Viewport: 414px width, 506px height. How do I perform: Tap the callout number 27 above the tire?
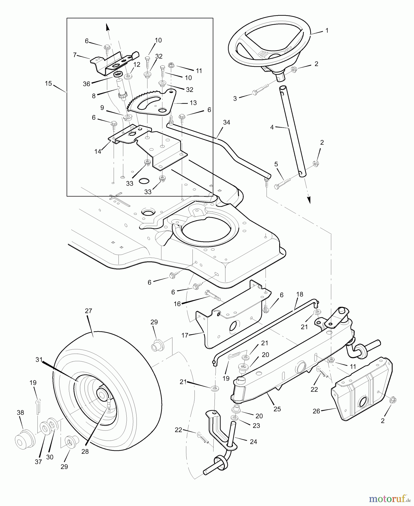pyautogui.click(x=88, y=311)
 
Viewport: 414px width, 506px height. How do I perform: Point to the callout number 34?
pyautogui.click(x=227, y=122)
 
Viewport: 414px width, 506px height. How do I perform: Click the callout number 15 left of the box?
pyautogui.click(x=48, y=83)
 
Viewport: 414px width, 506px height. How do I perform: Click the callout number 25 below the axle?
pyautogui.click(x=277, y=409)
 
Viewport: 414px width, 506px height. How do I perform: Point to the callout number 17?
pyautogui.click(x=185, y=335)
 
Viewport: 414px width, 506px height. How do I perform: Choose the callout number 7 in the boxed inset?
pyautogui.click(x=75, y=55)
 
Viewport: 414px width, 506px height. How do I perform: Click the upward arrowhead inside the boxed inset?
pyautogui.click(x=107, y=27)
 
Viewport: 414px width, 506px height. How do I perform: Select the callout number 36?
pyautogui.click(x=86, y=84)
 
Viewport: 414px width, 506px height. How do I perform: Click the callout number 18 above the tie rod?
pyautogui.click(x=300, y=294)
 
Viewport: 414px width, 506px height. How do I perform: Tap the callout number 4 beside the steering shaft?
pyautogui.click(x=272, y=127)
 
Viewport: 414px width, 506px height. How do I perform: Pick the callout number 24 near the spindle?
pyautogui.click(x=253, y=442)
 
